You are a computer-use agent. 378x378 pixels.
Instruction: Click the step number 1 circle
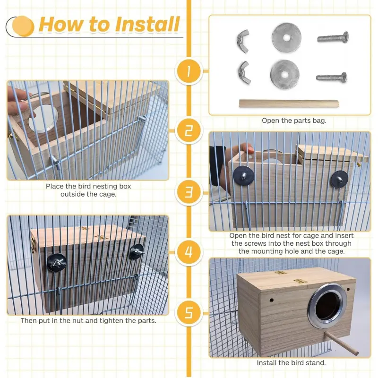[x=189, y=71]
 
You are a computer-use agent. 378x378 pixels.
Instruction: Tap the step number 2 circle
[x=189, y=131]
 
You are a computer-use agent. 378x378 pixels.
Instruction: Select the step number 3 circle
[x=189, y=192]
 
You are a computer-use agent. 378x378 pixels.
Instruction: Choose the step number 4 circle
[x=189, y=252]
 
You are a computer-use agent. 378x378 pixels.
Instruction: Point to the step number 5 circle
[x=189, y=313]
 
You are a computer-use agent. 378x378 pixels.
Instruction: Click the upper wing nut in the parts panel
[x=243, y=41]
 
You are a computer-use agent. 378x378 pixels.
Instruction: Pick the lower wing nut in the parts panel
[x=244, y=72]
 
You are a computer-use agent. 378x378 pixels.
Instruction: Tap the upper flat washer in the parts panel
[x=286, y=38]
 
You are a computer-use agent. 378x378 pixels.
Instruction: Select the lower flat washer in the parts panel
[x=285, y=75]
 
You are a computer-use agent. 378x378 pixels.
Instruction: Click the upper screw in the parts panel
[x=333, y=37]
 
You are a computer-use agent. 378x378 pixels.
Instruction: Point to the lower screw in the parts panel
[x=332, y=77]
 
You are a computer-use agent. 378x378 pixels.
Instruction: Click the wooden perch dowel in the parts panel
[x=289, y=104]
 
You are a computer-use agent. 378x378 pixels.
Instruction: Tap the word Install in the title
[x=147, y=24]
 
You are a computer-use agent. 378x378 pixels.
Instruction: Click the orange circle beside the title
[x=23, y=26]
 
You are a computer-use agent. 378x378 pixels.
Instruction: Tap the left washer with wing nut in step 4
[x=57, y=262]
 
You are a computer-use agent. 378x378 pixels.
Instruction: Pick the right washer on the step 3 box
[x=339, y=180]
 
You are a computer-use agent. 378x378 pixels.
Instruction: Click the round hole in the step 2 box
[x=43, y=118]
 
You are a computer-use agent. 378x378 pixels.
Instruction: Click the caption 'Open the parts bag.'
[x=294, y=120]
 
